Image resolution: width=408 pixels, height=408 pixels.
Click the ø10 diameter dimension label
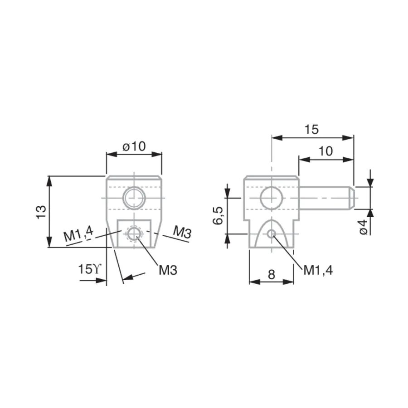[134, 146]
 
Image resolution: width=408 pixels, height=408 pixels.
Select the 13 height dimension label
[41, 212]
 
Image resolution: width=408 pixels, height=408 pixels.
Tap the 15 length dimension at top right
[311, 129]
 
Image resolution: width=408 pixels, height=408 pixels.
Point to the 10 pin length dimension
[325, 151]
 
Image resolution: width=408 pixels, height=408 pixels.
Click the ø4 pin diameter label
[364, 227]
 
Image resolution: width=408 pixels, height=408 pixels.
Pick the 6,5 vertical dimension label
[218, 216]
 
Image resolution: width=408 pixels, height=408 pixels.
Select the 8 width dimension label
[272, 274]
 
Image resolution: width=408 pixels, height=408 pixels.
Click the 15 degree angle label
[89, 269]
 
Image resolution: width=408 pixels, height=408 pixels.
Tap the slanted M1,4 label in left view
[78, 234]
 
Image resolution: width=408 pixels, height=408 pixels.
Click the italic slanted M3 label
[182, 232]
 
